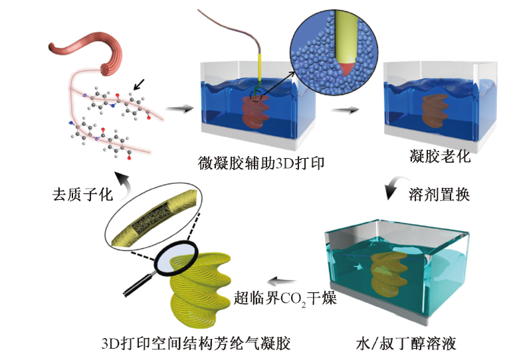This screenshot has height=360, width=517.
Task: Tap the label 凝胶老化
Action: [x=438, y=157]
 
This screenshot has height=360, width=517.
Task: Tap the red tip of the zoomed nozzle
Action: [x=346, y=69]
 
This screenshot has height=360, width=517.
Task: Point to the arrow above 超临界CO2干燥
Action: [x=286, y=281]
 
